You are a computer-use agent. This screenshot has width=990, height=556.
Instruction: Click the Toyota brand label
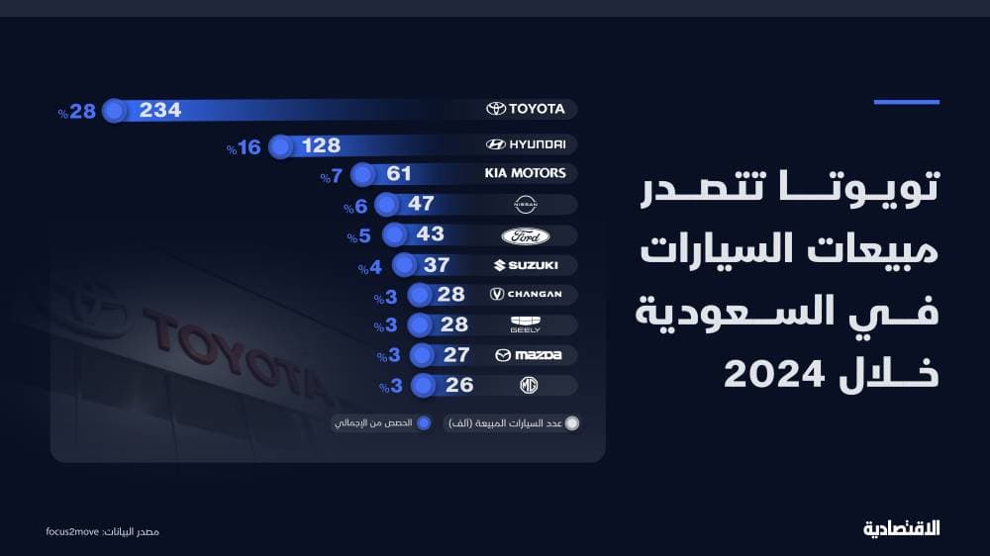pyautogui.click(x=526, y=109)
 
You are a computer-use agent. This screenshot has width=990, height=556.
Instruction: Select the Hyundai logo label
pyautogui.click(x=526, y=144)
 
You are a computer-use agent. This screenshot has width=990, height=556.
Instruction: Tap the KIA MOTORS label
pyautogui.click(x=525, y=173)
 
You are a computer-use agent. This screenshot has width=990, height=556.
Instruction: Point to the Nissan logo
pyautogui.click(x=525, y=205)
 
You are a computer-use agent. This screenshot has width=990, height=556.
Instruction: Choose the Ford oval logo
pyautogui.click(x=525, y=236)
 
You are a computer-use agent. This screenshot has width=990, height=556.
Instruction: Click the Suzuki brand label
pyautogui.click(x=526, y=265)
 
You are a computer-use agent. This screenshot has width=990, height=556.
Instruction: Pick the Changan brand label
pyautogui.click(x=526, y=294)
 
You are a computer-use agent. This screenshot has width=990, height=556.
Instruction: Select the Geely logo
pyautogui.click(x=525, y=324)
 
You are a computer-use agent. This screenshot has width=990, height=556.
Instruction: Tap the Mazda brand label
pyautogui.click(x=528, y=355)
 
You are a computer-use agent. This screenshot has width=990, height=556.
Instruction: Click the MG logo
pyautogui.click(x=525, y=385)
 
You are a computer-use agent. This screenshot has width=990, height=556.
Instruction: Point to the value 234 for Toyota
pyautogui.click(x=160, y=111)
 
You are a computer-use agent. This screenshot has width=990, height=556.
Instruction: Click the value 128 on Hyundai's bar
pyautogui.click(x=321, y=146)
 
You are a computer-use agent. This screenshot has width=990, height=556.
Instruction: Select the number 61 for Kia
pyautogui.click(x=399, y=175)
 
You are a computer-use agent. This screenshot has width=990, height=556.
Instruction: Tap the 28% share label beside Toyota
pyautogui.click(x=76, y=112)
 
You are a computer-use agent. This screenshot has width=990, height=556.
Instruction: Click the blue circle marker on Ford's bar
pyautogui.click(x=395, y=235)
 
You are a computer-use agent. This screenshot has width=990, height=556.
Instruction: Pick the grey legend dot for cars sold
pyautogui.click(x=570, y=423)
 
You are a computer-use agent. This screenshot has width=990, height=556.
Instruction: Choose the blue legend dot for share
pyautogui.click(x=424, y=423)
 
